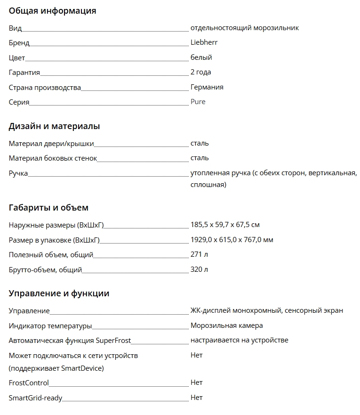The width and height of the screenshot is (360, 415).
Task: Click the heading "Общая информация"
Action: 52,11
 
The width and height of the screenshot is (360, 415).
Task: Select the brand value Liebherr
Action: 204,42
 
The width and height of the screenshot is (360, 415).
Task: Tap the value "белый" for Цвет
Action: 201,57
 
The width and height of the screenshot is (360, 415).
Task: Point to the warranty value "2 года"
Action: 200,72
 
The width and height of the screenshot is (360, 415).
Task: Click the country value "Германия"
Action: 207,87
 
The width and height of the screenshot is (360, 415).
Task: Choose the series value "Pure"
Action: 198,102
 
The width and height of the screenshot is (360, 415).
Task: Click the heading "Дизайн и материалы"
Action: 54,126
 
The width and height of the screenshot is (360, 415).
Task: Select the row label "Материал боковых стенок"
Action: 53,158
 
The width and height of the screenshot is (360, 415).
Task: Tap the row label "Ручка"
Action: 18,173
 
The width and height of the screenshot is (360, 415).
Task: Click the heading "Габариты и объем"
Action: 48,208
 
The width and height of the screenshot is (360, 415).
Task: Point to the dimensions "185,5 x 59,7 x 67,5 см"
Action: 225,225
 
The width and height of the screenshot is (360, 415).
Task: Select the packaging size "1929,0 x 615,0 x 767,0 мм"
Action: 232,240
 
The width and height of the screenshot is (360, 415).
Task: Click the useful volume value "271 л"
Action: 199,255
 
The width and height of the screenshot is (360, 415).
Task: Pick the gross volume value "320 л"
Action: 199,269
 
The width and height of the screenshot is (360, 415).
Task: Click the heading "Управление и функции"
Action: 59,293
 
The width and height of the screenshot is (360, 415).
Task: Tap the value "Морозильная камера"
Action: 226,325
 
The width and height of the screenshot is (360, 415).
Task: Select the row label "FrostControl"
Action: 29,383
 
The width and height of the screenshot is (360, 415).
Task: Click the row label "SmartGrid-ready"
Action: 35,398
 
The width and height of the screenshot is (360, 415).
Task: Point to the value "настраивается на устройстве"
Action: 239,340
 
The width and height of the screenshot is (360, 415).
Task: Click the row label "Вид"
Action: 15,28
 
